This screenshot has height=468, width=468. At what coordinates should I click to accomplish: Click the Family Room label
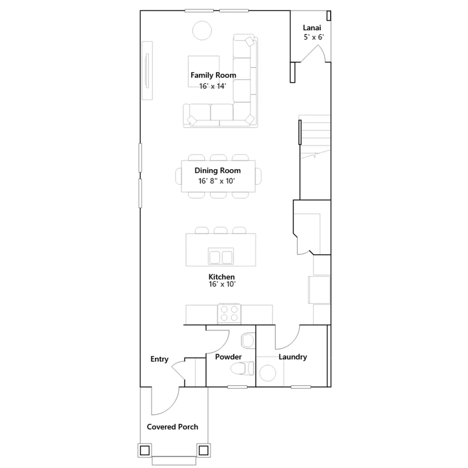click(213, 75)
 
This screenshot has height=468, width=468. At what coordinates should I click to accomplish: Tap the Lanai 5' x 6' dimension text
click(314, 37)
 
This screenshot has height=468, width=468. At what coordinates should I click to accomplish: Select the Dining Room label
click(218, 171)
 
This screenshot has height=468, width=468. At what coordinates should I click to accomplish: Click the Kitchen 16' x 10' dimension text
click(222, 284)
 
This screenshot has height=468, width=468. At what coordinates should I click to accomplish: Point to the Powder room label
click(228, 357)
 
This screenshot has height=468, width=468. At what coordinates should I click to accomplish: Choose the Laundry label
click(293, 357)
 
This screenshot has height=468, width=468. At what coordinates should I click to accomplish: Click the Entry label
click(159, 359)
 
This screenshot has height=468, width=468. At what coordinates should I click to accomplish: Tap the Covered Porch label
click(172, 427)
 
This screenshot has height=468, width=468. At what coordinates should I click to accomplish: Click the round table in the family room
click(202, 30)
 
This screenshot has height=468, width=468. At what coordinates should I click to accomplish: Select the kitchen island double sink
click(221, 256)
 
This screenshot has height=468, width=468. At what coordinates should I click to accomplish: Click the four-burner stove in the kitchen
click(229, 314)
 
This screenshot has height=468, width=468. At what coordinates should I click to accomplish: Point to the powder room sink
click(248, 340)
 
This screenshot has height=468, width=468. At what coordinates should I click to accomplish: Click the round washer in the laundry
click(268, 373)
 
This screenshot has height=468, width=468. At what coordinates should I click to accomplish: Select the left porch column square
click(145, 450)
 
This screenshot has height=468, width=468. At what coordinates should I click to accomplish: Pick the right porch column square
click(204, 450)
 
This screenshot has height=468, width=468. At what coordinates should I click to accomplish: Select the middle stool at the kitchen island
click(221, 230)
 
